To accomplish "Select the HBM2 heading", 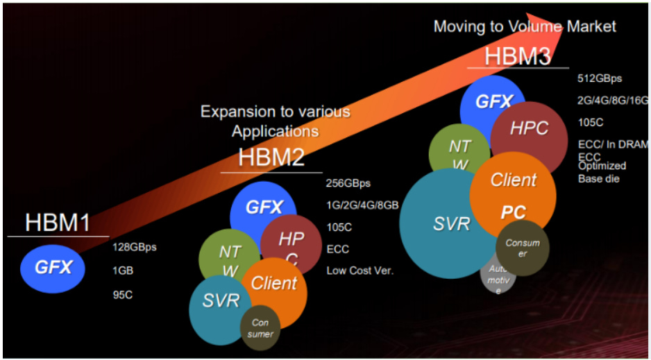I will click(x=271, y=157).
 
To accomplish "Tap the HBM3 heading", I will click(x=517, y=56).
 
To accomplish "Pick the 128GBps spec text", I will click(x=134, y=248).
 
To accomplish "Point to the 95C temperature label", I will click(x=122, y=295).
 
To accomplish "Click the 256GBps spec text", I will click(x=348, y=184).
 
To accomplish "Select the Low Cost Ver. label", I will click(x=360, y=271).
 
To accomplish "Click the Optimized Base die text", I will click(x=602, y=172).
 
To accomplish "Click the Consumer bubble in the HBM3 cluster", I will click(x=523, y=248).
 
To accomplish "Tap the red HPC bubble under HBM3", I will click(x=529, y=129).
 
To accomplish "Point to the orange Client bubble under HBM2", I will click(x=274, y=284).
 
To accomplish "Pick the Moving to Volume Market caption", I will click(x=525, y=26).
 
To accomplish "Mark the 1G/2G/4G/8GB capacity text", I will click(x=362, y=206).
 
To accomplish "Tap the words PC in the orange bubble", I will click(x=514, y=212).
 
